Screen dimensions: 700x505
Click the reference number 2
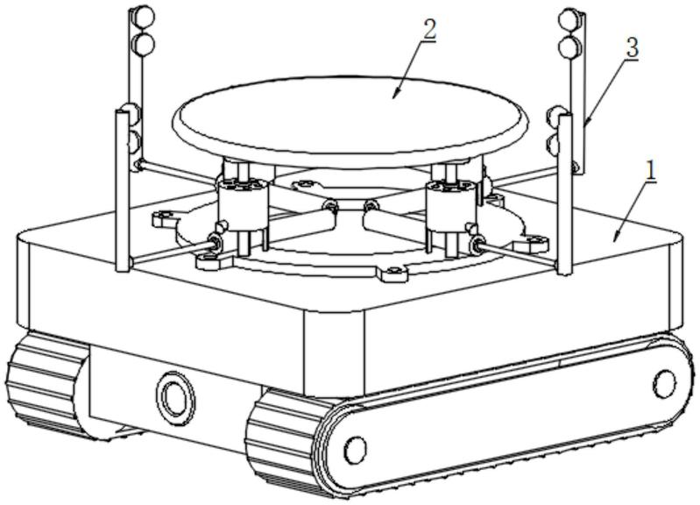pyautogui.click(x=429, y=31)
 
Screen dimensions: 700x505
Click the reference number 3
pyautogui.click(x=633, y=47)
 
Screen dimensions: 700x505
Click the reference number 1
pyautogui.click(x=651, y=171)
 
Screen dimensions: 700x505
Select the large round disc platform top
pyautogui.click(x=350, y=117)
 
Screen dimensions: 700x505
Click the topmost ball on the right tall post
pyautogui.click(x=569, y=18)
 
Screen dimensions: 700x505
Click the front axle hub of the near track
pyautogui.click(x=356, y=451)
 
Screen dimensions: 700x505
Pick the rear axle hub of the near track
pyautogui.click(x=665, y=383)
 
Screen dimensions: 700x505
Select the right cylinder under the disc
pyautogui.click(x=450, y=206)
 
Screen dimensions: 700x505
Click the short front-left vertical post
pyautogui.click(x=123, y=191)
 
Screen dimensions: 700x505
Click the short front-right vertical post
pyautogui.click(x=565, y=195)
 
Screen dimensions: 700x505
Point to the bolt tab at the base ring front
pyautogui.click(x=393, y=274)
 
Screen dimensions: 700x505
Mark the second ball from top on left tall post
pyautogui.click(x=144, y=45)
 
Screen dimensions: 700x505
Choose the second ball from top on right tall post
pyautogui.click(x=569, y=47)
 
